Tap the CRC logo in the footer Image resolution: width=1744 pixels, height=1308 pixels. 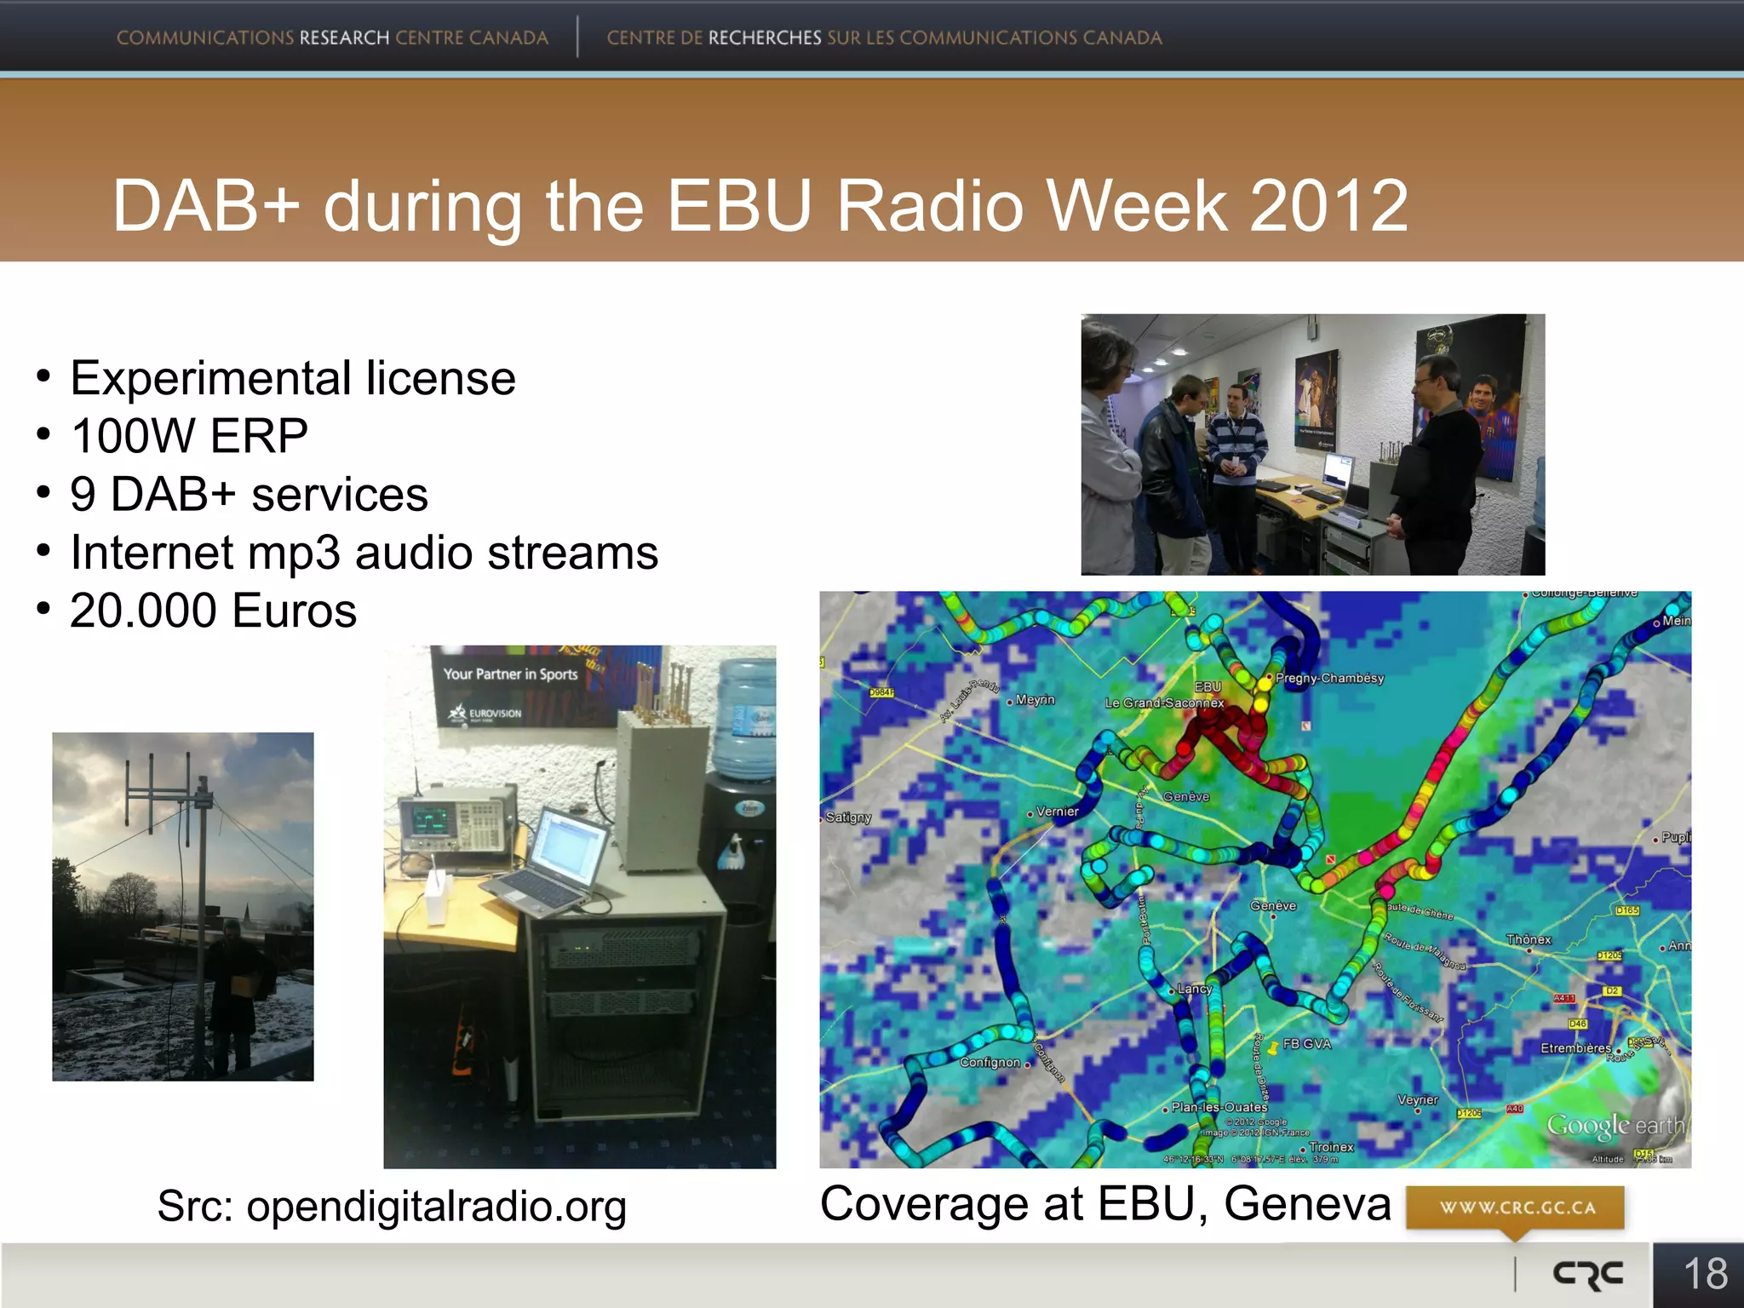coord(1588,1275)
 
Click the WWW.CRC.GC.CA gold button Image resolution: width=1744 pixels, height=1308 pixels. coord(1516,1208)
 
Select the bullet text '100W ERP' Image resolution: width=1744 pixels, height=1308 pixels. coord(189,436)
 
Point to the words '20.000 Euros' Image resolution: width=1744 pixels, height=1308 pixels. coord(213,611)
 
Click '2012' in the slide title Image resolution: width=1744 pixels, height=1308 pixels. coord(1328,206)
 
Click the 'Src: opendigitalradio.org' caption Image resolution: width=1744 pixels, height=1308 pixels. coord(392,1206)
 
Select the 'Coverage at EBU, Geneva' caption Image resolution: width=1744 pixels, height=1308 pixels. coord(1104,1203)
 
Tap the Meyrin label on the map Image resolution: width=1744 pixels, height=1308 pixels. coord(1035,700)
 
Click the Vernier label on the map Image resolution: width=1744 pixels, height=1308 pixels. coord(1057,812)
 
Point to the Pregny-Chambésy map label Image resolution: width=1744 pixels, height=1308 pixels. coord(1328,678)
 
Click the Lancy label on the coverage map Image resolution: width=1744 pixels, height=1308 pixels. coord(1194,989)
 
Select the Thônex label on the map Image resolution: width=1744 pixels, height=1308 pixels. coord(1529,939)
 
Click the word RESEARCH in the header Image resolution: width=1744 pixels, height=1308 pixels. coord(344,38)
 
